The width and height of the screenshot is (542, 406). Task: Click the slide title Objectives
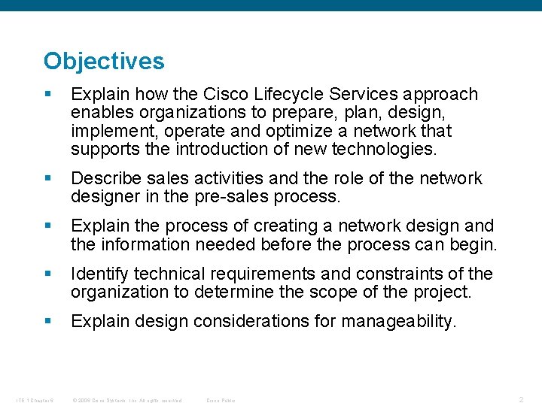(x=104, y=61)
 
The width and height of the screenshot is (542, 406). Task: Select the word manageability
(x=398, y=322)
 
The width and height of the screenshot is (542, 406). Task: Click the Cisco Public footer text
(x=221, y=400)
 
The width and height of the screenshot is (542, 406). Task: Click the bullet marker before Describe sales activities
(x=48, y=179)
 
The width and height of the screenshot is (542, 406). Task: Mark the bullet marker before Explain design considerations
(x=48, y=322)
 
